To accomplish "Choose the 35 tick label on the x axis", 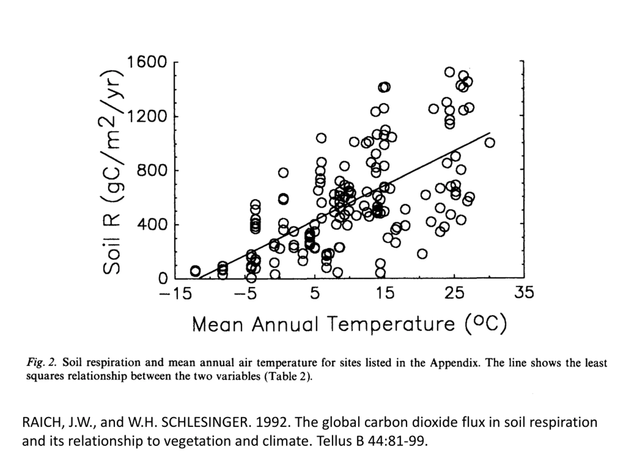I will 524,292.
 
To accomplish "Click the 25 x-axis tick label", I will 454,293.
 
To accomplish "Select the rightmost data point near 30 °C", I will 490,143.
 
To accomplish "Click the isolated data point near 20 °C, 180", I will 422,254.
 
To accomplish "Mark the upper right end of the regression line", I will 490,133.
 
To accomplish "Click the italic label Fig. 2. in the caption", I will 42,363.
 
